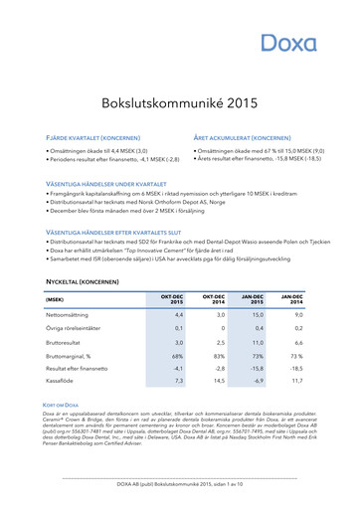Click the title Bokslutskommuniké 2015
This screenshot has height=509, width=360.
[180, 102]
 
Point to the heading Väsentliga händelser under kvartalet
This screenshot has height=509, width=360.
[112, 184]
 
